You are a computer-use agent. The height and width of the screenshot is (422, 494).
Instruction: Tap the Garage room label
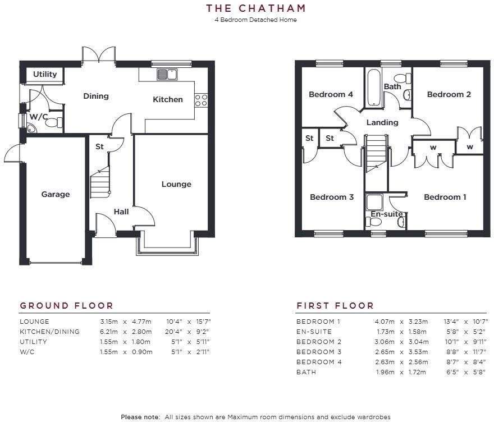tap(56, 194)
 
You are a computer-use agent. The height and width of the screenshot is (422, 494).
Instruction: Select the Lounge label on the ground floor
tap(176, 184)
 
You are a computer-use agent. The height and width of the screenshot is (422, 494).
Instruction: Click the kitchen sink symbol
tap(167, 74)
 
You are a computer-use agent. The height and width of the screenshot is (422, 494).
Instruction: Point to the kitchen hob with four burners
tap(201, 100)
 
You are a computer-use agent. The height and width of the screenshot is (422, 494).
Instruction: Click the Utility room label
tap(45, 74)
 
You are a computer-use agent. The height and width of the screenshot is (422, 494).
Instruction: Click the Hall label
tap(121, 212)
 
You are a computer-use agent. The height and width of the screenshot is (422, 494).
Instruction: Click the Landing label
tap(382, 122)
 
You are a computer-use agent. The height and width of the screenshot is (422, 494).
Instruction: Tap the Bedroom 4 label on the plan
tap(331, 94)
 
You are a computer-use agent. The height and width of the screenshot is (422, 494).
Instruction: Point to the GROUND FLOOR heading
tap(67, 306)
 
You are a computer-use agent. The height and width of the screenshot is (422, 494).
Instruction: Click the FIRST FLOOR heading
tap(335, 306)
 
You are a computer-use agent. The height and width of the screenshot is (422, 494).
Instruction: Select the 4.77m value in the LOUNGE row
tap(141, 322)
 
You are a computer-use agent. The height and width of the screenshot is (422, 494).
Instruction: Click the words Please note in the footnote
tap(140, 417)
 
